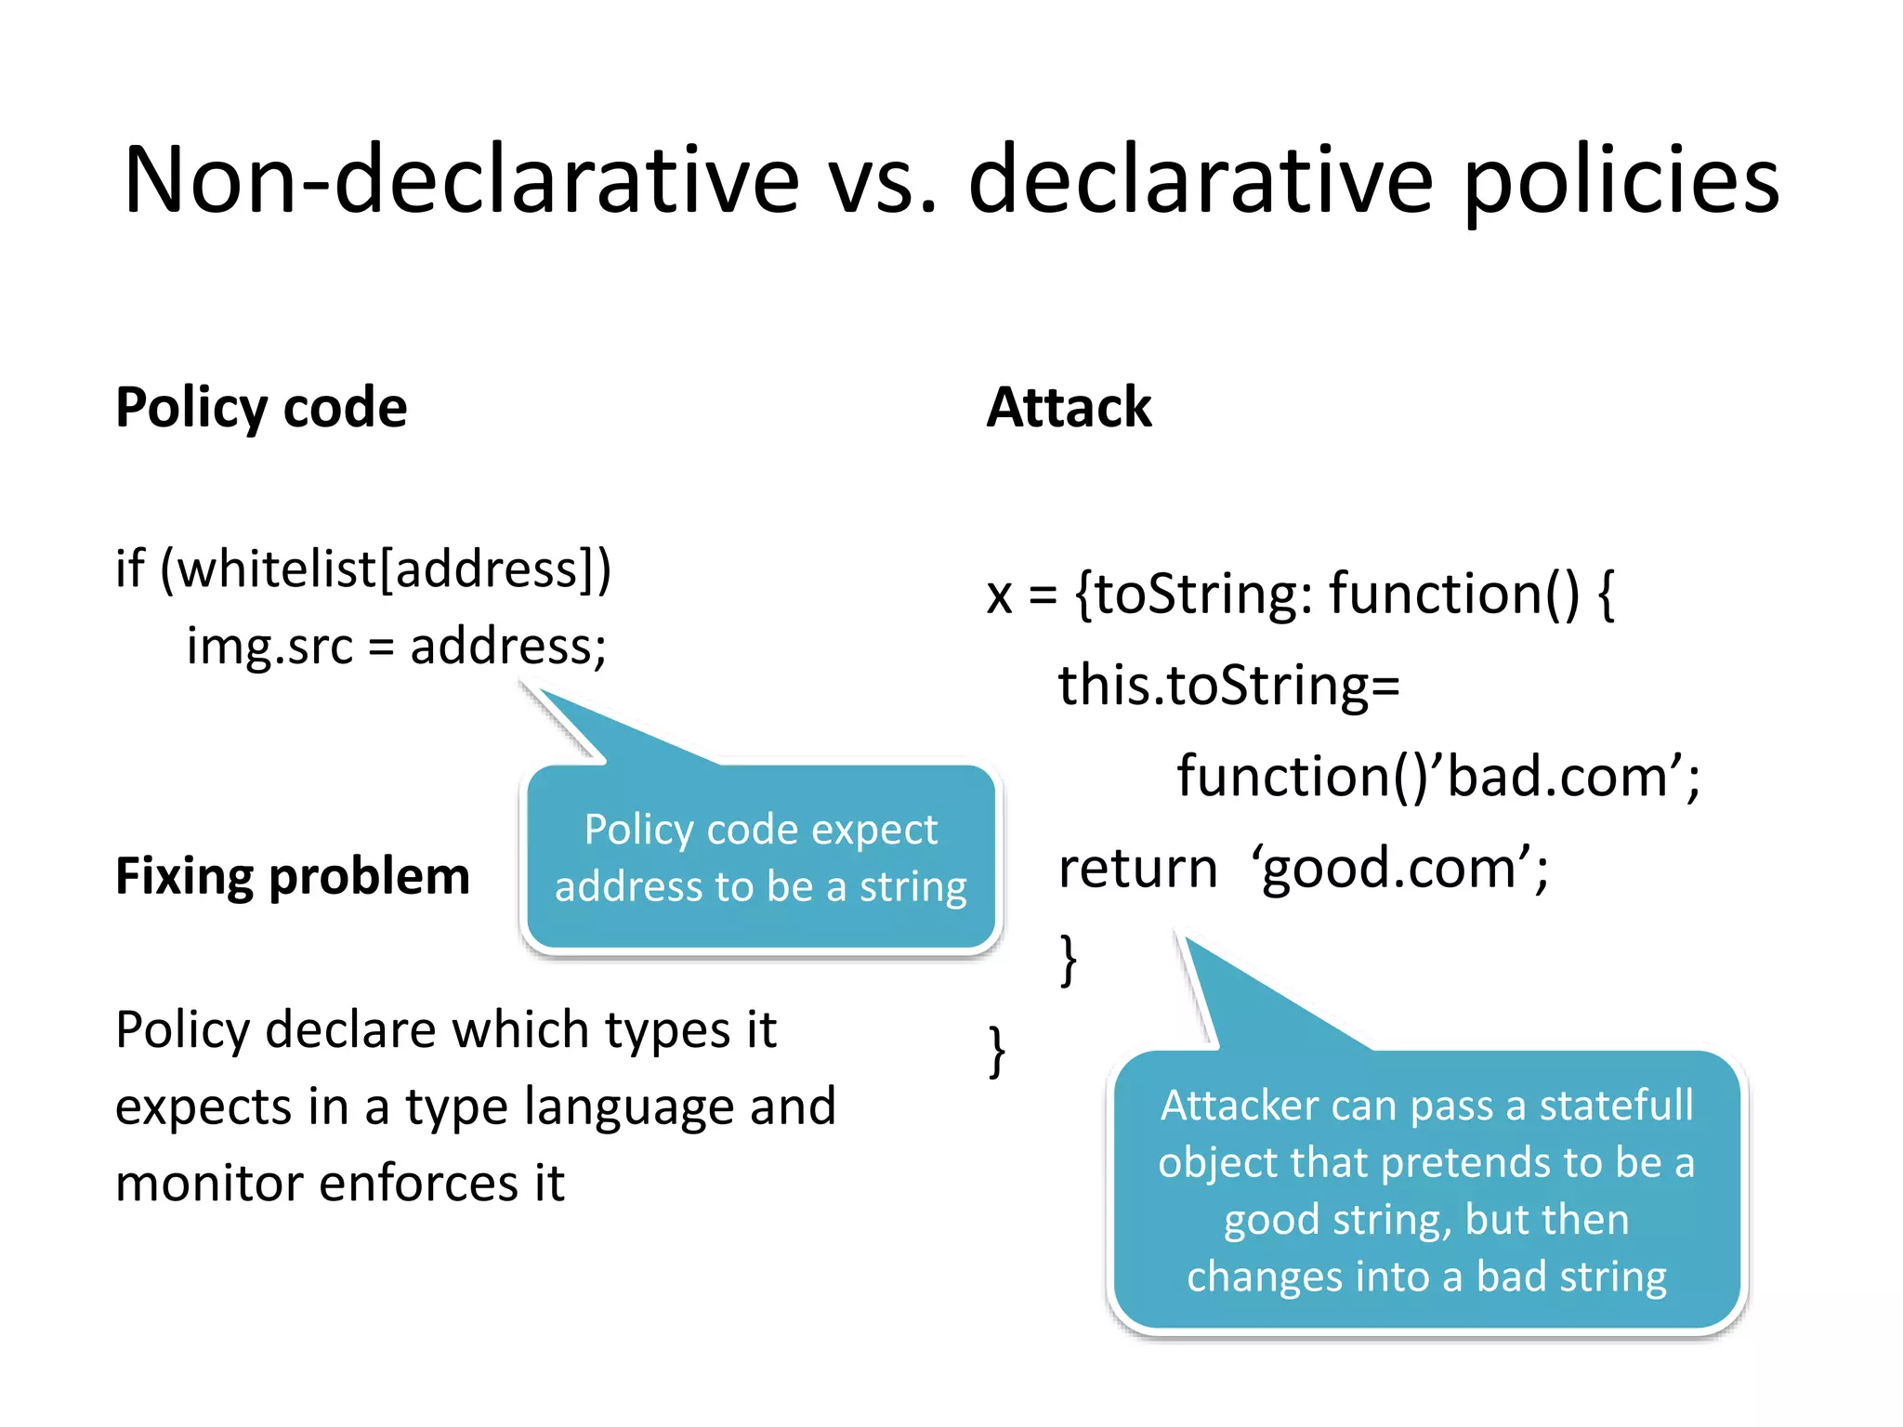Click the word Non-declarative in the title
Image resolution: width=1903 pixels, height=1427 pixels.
tap(461, 179)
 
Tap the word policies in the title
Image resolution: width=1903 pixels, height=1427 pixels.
tap(1621, 179)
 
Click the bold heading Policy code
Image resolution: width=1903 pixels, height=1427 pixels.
tap(261, 407)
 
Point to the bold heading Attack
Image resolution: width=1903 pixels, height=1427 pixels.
tap(1069, 407)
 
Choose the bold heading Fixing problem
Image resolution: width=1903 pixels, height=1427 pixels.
tap(293, 876)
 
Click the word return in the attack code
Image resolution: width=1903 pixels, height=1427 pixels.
tap(1137, 868)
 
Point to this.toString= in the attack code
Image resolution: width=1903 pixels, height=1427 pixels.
tap(1228, 685)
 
